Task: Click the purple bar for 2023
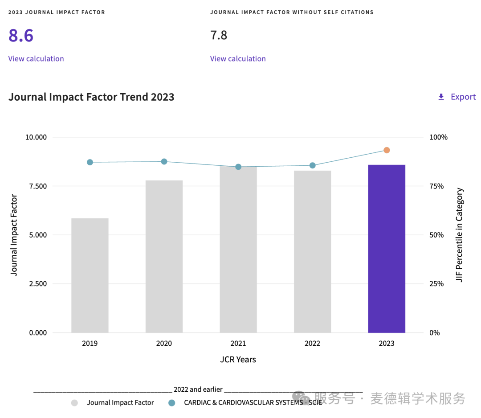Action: coord(387,249)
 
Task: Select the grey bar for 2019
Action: coord(90,275)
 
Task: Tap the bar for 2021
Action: coord(238,250)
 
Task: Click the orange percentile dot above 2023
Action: coord(387,150)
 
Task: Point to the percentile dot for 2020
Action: coord(164,161)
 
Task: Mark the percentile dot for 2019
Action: coord(90,162)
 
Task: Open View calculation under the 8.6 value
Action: coord(36,59)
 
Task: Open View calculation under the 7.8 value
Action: coord(238,59)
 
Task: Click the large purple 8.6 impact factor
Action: coord(21,36)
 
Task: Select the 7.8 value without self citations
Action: coord(219,35)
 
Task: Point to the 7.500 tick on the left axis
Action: coord(36,186)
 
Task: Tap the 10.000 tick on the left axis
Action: coord(36,137)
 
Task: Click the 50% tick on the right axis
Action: coord(436,235)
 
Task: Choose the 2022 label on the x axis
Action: coord(312,344)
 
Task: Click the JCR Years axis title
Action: coord(238,360)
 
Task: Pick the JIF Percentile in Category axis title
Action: coord(460,235)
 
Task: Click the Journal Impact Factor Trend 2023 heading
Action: coord(91,97)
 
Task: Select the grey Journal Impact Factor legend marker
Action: coord(74,403)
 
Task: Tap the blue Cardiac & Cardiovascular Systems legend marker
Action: coord(171,403)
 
